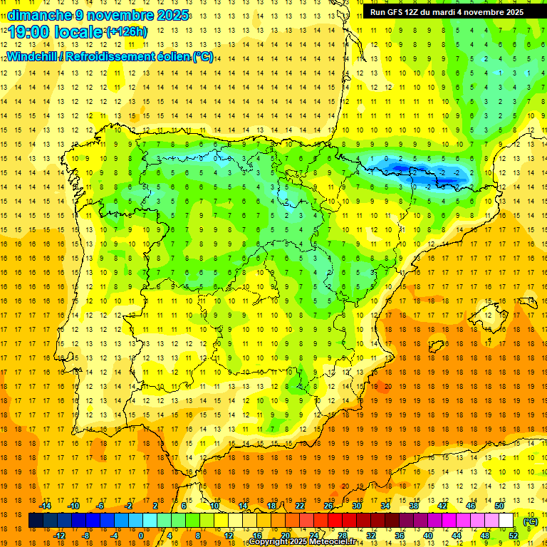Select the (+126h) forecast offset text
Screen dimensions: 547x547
(x=127, y=31)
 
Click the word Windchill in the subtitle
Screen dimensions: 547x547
(x=33, y=56)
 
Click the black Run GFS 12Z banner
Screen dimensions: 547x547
(x=447, y=11)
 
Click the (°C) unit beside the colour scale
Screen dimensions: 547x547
(x=530, y=521)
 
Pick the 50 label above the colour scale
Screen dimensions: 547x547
(x=499, y=506)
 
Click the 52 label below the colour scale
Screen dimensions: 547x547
(x=514, y=536)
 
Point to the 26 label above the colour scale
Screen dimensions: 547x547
(x=328, y=506)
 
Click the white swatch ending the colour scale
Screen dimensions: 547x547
(x=506, y=521)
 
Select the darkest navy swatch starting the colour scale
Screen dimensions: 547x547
(x=36, y=521)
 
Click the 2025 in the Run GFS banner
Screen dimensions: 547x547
(x=512, y=11)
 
